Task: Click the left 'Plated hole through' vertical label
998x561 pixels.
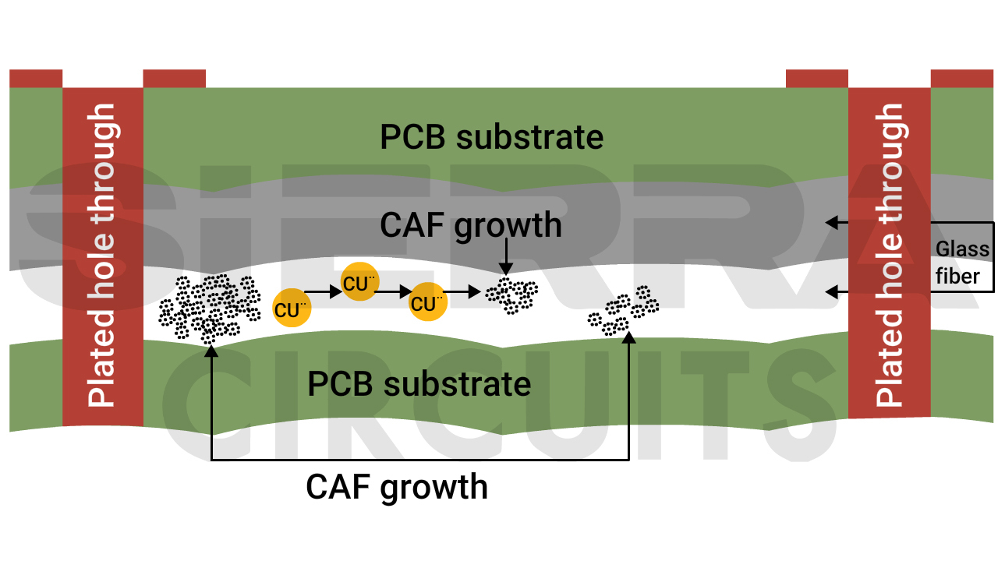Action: pos(102,256)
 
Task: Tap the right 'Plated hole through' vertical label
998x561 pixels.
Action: pos(890,256)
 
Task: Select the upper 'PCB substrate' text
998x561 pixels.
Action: pos(491,137)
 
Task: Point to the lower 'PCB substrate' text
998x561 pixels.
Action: pos(419,384)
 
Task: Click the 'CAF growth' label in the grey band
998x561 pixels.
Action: pos(471,225)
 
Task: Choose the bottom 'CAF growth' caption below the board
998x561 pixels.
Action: pos(397,487)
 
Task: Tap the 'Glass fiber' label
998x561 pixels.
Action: pos(963,263)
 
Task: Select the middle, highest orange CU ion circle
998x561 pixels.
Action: pos(359,283)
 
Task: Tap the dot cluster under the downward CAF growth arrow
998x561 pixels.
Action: pos(511,295)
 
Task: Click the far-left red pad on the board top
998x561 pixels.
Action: pos(36,79)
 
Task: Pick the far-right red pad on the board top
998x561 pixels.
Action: pos(962,79)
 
